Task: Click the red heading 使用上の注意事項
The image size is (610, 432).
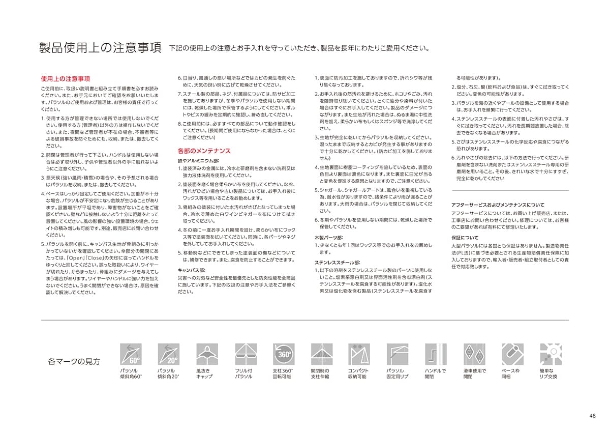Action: [x=66, y=79]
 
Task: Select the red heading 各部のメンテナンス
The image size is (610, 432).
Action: [x=204, y=151]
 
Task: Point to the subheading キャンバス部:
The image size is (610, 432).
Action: [x=192, y=270]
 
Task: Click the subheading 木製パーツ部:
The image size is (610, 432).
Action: [x=328, y=238]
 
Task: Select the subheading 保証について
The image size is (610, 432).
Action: [x=465, y=238]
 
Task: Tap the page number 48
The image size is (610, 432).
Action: [x=592, y=416]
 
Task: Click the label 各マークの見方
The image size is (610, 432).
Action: [x=74, y=362]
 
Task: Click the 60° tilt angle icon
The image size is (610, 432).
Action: [x=130, y=354]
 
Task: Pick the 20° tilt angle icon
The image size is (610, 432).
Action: [x=168, y=354]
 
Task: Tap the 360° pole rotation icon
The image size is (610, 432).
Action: [x=283, y=354]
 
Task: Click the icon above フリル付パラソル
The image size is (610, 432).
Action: [x=245, y=354]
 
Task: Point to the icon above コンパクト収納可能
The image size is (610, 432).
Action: [x=359, y=354]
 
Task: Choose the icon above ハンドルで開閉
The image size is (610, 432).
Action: [x=436, y=354]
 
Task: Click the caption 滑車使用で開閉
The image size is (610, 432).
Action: [x=474, y=373]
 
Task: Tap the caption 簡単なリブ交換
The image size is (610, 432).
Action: [x=550, y=373]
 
